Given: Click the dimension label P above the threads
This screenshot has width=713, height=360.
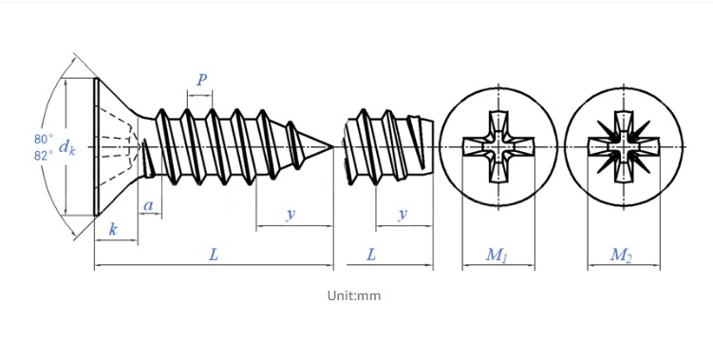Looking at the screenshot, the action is tap(201, 80).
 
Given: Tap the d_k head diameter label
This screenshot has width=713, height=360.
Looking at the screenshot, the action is tap(66, 147).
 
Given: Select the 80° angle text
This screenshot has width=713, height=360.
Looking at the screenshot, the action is tap(44, 139).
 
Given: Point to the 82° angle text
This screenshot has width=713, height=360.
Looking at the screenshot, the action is tap(44, 156).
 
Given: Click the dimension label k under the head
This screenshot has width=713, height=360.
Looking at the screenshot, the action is tap(113, 229).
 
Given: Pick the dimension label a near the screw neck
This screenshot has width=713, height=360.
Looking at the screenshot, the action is tap(148, 206).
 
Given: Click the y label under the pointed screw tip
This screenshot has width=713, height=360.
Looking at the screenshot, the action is tap(291, 214).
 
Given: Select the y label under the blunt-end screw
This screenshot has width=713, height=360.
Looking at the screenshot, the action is tap(403, 214).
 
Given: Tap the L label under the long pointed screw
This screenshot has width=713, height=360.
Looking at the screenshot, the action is tap(214, 255).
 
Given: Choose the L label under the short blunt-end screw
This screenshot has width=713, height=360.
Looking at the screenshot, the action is tap(371, 255).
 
